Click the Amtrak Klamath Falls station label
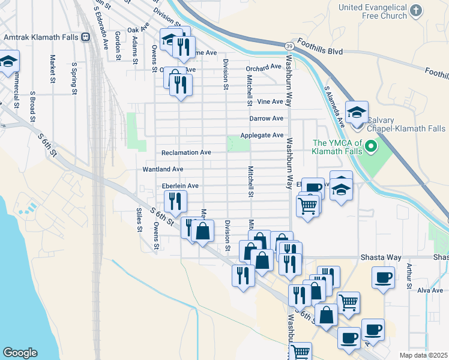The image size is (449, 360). (41, 37)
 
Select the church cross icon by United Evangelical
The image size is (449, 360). (416, 10)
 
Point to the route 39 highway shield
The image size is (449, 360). (289, 46)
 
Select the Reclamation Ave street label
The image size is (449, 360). (186, 152)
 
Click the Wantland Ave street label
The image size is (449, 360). (163, 170)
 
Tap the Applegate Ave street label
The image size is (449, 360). (262, 136)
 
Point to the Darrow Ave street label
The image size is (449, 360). (266, 119)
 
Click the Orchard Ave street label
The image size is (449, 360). (264, 67)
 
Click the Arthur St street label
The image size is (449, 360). (409, 277)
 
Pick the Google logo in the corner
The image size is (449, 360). (20, 353)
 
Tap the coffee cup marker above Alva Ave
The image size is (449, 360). (383, 277)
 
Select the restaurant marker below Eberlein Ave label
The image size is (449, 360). (175, 200)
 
